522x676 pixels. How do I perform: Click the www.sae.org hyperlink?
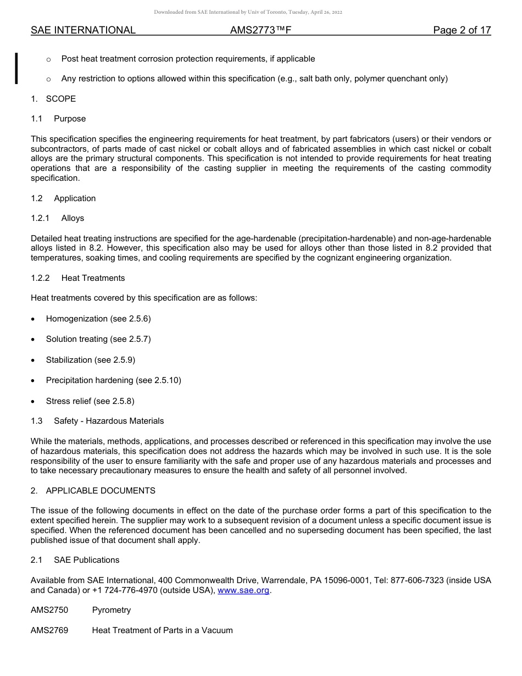(x=243, y=590)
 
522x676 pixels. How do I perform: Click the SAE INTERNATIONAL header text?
(x=83, y=31)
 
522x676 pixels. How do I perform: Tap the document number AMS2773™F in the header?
(x=260, y=31)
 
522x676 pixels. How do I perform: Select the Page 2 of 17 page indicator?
(x=462, y=31)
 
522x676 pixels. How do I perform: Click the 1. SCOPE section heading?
(x=53, y=99)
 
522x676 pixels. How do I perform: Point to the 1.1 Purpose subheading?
(x=58, y=119)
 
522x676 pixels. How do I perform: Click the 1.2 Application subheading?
(x=63, y=198)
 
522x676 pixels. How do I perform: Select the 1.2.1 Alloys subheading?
(x=57, y=218)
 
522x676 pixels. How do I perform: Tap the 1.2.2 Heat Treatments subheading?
(x=77, y=278)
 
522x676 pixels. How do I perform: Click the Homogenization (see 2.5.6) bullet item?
(x=98, y=319)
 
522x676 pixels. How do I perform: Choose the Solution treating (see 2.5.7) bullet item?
(x=98, y=339)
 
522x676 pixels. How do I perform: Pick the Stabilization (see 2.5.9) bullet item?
(x=90, y=360)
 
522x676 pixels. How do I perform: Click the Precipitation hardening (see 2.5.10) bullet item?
(x=113, y=380)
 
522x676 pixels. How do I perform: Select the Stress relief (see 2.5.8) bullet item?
(x=90, y=401)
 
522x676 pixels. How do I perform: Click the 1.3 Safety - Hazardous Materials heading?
(x=97, y=421)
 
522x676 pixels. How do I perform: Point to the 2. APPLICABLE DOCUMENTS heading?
(x=93, y=490)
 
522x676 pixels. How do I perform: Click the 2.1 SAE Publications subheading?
(x=75, y=560)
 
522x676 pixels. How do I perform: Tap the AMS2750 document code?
(x=49, y=610)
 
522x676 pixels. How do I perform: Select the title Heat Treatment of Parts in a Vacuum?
(x=162, y=630)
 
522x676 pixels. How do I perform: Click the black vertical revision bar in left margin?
(x=16, y=68)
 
